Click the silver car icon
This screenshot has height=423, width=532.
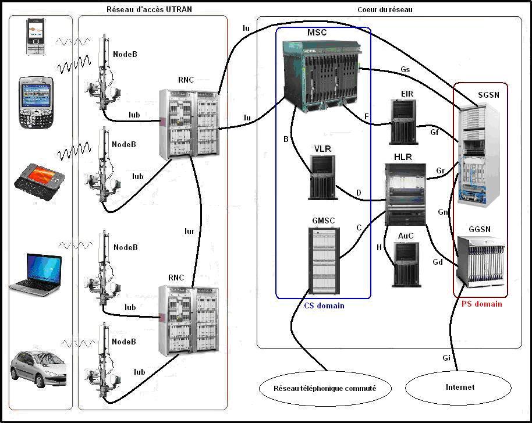pos(38,368)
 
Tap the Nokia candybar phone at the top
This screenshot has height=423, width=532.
pos(36,37)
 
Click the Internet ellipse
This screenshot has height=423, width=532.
pos(459,388)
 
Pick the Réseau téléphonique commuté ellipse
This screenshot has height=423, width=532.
pos(324,388)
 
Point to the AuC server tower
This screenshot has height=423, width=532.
pos(406,265)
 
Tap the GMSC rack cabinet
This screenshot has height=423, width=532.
pos(324,260)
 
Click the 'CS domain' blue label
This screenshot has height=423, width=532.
pos(324,306)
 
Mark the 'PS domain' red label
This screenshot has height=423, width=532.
pos(481,304)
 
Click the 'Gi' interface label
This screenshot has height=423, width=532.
pos(446,358)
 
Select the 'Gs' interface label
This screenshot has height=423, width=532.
pos(405,69)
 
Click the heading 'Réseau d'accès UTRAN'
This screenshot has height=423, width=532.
pos(150,9)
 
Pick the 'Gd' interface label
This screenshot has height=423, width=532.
pos(437,262)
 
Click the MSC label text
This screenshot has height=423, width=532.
pos(317,33)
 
